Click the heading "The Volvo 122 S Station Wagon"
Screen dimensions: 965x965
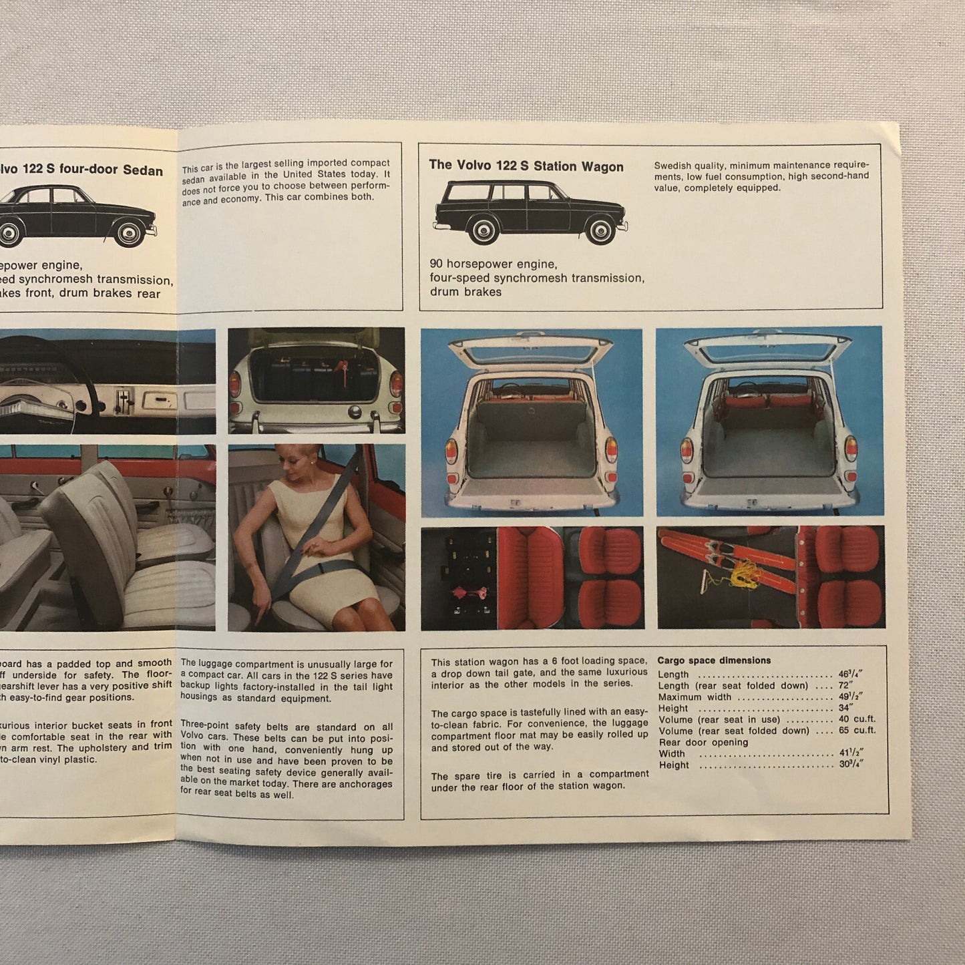pos(526,166)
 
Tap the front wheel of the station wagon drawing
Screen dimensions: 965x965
pos(600,231)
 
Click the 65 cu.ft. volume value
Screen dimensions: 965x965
pos(857,730)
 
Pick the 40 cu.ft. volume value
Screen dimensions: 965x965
pos(857,719)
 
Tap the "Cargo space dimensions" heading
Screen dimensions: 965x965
pos(714,660)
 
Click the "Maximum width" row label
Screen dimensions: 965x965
pos(695,697)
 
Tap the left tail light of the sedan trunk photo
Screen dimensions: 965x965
pos(235,384)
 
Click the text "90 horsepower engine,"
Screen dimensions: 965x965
pos(493,264)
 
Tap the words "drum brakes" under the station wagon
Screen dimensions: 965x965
pos(465,292)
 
